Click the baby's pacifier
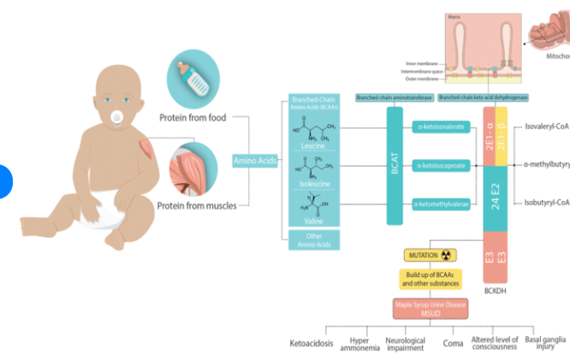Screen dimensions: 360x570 point(116,118)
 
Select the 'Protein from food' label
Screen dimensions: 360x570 point(193,117)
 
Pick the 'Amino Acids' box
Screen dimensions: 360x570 point(255,161)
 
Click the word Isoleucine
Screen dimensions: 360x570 point(311,183)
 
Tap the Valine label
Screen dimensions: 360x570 point(311,220)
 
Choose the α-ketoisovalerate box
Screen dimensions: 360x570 point(441,127)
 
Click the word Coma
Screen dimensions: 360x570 point(453,344)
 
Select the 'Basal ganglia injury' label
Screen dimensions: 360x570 point(546,343)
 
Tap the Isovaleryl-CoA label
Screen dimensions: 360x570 point(547,124)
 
